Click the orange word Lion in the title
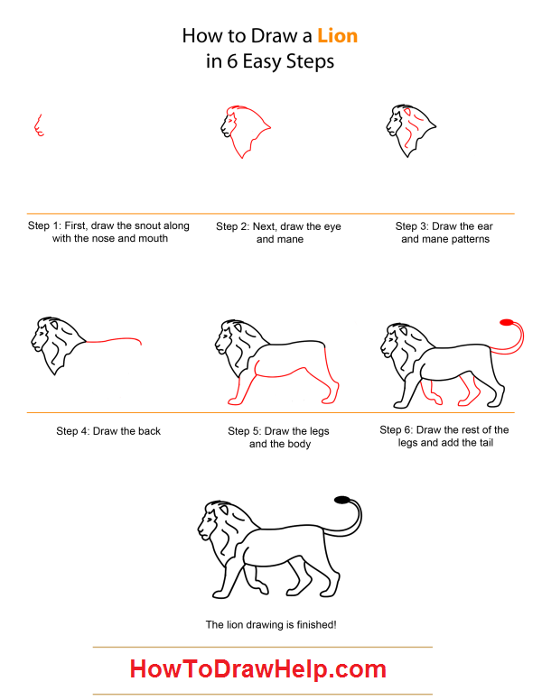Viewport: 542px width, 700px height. point(338,36)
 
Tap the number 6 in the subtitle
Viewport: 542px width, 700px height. point(231,61)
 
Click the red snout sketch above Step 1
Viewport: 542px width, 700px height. point(39,125)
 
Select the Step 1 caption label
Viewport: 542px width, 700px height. point(108,232)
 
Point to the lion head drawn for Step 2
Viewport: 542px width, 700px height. point(245,132)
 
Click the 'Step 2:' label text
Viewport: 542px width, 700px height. point(232,226)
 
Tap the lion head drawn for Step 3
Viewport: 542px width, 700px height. point(410,131)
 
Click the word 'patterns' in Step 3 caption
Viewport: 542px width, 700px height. point(471,239)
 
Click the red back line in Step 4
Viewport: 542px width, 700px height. point(114,340)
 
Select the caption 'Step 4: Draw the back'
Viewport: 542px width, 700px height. point(108,431)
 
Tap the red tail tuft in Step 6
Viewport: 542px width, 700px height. point(506,322)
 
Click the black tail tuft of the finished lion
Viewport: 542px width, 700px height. point(341,500)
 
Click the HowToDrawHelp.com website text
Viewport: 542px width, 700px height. point(258,668)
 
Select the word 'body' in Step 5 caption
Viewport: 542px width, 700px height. point(299,444)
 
